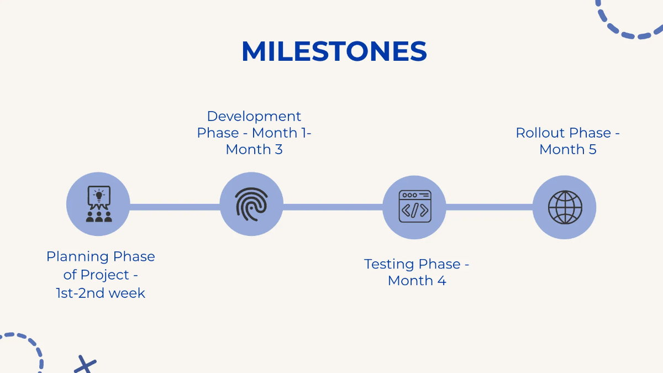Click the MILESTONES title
pyautogui.click(x=334, y=52)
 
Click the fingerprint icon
pyautogui.click(x=251, y=204)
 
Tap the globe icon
pyautogui.click(x=565, y=207)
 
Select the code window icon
pyautogui.click(x=414, y=207)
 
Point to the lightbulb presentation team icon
pyautogui.click(x=98, y=204)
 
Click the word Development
pyautogui.click(x=254, y=117)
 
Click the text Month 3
pyautogui.click(x=254, y=150)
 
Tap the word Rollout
pyautogui.click(x=540, y=133)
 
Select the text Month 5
pyautogui.click(x=568, y=150)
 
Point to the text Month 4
pyautogui.click(x=417, y=281)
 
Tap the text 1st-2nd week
pyautogui.click(x=101, y=293)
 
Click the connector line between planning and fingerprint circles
pyautogui.click(x=175, y=207)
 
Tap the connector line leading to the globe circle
pyautogui.click(x=489, y=207)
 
